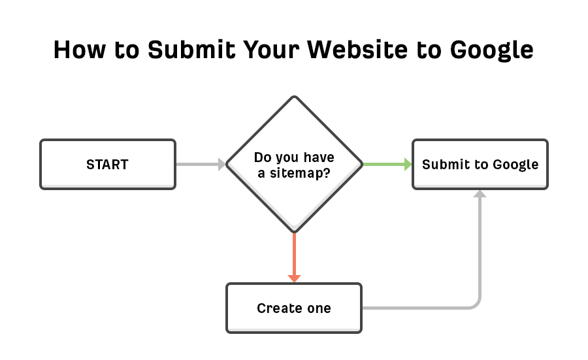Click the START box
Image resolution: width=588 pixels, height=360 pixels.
(x=108, y=164)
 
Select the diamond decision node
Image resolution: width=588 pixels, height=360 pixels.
(x=295, y=164)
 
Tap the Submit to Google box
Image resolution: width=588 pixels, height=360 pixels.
(x=480, y=164)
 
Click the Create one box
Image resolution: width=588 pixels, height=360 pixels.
(x=294, y=308)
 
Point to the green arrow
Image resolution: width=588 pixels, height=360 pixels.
(x=387, y=164)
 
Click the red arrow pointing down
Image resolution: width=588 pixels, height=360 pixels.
(x=295, y=257)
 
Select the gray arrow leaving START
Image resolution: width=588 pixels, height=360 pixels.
(x=201, y=164)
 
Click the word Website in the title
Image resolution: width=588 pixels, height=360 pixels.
(x=357, y=50)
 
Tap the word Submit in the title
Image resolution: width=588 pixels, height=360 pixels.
(x=191, y=50)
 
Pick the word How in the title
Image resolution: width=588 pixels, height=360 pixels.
(x=80, y=50)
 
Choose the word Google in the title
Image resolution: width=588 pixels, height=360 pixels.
(x=491, y=50)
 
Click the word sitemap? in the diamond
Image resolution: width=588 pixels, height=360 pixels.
(x=300, y=173)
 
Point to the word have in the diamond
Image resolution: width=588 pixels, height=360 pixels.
(x=319, y=157)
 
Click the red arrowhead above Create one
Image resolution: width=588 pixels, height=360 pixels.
(x=295, y=278)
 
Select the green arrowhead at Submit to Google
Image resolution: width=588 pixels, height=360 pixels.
(x=408, y=164)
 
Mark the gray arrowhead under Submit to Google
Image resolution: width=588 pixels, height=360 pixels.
(x=480, y=193)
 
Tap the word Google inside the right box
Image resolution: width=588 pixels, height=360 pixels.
(x=515, y=165)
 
